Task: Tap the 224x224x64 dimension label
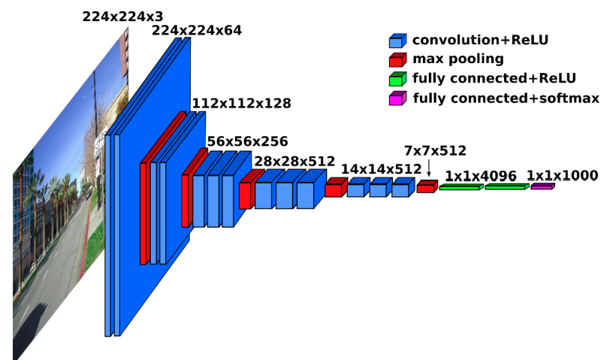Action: pos(197,30)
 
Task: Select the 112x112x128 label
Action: pos(241,103)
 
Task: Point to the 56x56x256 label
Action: pos(247,141)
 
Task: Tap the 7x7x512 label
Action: pos(435,150)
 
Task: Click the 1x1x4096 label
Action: pos(480,176)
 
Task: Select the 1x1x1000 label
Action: pos(562,175)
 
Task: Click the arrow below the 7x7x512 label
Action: pos(428,168)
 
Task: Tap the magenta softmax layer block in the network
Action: pos(542,186)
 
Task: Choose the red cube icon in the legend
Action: pos(397,59)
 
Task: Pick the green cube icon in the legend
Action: pos(397,79)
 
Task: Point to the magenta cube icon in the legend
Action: pos(397,98)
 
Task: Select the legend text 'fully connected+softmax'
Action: pos(506,98)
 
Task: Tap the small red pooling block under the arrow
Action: pos(426,187)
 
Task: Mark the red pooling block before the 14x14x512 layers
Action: pos(333,189)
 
